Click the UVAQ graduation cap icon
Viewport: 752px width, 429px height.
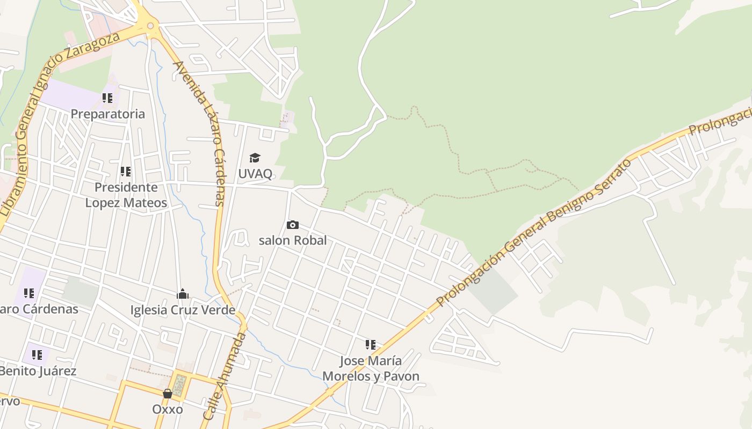tap(255, 158)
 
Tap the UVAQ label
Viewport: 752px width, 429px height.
tap(255, 173)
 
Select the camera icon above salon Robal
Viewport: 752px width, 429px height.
tap(292, 225)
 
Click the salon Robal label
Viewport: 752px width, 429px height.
tap(293, 240)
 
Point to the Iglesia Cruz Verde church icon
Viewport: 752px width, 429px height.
tap(183, 294)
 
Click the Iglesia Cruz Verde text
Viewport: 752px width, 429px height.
tap(183, 310)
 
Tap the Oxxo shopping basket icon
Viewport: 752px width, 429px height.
tap(168, 394)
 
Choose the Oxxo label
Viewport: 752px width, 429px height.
tap(168, 409)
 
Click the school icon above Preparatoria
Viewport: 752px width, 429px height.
tap(107, 98)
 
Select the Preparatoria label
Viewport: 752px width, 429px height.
tap(108, 114)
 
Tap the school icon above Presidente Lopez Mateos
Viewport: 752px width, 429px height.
tap(126, 172)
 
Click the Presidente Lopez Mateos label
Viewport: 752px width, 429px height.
tap(126, 195)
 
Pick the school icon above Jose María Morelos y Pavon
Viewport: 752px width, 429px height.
tap(371, 345)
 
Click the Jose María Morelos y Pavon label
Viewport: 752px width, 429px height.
tap(371, 368)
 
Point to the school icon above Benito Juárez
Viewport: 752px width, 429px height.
tap(37, 354)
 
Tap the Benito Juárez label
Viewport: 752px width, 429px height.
tap(38, 371)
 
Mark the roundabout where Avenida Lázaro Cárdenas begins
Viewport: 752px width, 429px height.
tap(150, 25)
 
